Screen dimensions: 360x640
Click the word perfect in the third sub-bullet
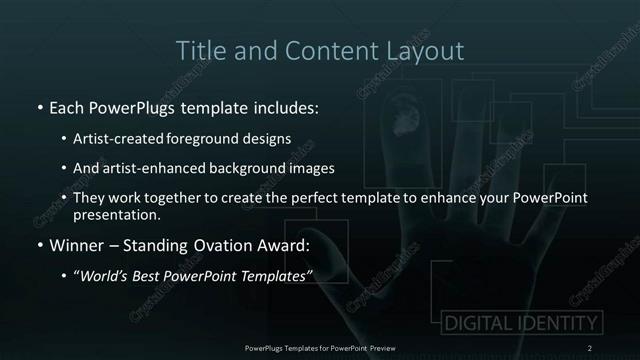point(333,198)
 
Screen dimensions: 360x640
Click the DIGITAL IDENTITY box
point(520,323)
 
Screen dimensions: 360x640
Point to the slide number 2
point(590,347)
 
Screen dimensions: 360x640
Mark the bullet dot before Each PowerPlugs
point(38,106)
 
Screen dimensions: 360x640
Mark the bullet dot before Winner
point(38,245)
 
